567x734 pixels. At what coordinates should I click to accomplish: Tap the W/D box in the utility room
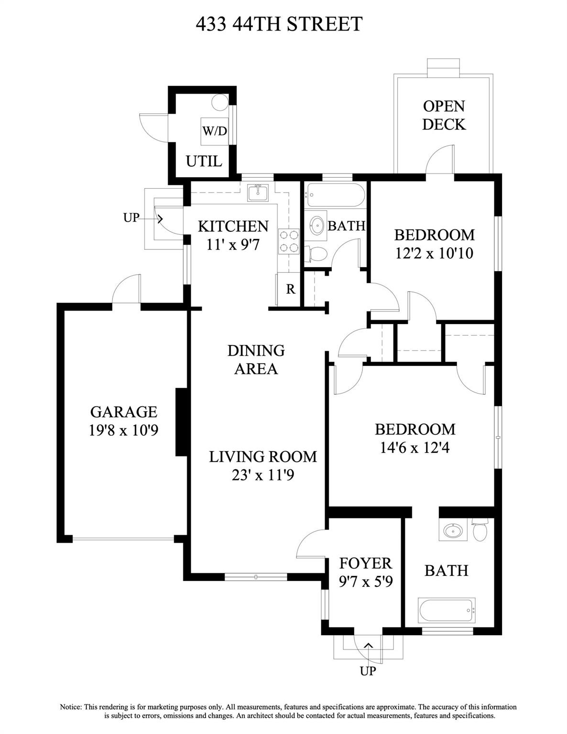214,131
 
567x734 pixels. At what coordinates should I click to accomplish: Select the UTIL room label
204,161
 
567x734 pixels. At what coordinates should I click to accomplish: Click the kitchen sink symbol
259,193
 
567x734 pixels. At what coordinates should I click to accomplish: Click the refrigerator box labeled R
290,289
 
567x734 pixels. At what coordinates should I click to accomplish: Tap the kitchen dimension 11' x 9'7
233,244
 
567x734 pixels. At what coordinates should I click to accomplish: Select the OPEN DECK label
444,115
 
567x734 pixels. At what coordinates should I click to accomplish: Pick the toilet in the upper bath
316,254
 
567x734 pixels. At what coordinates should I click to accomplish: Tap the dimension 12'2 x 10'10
434,253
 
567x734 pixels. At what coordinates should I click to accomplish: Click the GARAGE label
123,411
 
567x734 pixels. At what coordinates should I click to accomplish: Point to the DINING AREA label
256,359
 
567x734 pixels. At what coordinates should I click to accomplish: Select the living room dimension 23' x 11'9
262,475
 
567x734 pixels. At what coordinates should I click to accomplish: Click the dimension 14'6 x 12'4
414,448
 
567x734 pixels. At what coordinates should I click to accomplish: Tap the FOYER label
365,563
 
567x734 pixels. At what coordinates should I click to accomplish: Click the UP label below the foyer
368,671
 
